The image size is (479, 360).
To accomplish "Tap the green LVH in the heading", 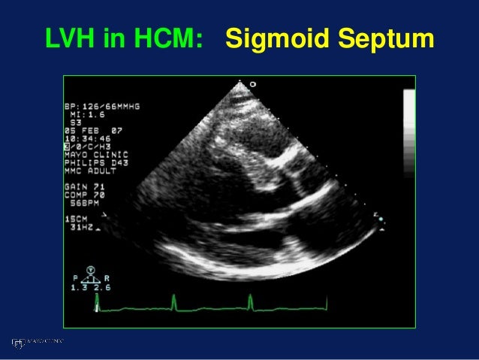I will coord(71,37).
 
